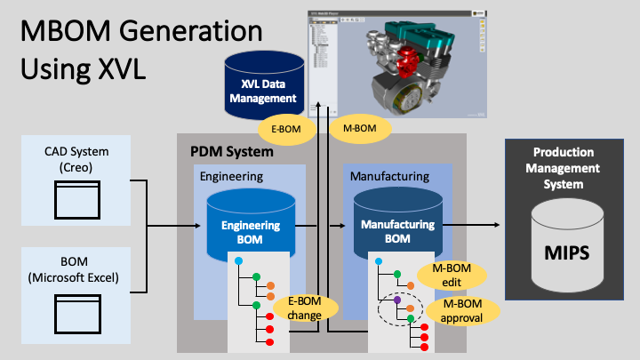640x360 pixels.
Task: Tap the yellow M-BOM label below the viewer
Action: click(353, 129)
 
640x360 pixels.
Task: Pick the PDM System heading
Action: click(232, 152)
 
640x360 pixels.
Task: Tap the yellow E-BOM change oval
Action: click(306, 307)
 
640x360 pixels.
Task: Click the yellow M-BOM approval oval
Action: click(462, 312)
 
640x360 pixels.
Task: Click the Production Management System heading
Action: click(564, 168)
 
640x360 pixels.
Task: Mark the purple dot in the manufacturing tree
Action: click(397, 300)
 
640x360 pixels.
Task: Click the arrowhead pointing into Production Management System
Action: click(499, 226)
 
